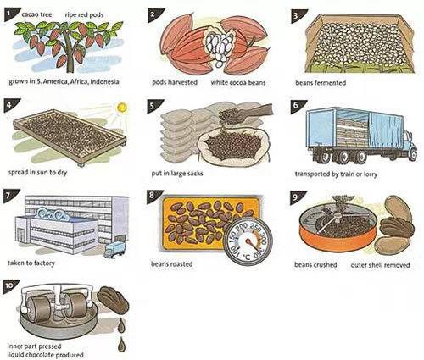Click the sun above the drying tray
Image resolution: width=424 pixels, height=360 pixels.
point(122,108)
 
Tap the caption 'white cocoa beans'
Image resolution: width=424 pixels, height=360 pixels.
point(238,82)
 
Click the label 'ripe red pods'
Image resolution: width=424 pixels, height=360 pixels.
point(84,14)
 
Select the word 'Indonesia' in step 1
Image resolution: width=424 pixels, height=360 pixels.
point(104,82)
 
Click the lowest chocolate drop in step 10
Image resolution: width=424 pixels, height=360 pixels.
point(121,345)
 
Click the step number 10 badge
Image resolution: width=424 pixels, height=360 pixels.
point(10,286)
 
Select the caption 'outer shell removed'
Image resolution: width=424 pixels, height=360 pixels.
point(380,265)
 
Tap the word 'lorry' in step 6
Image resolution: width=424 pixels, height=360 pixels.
point(370,174)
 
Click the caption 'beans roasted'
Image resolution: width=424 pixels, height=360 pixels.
point(171,264)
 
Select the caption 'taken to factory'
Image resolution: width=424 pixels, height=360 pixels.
point(31,263)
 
